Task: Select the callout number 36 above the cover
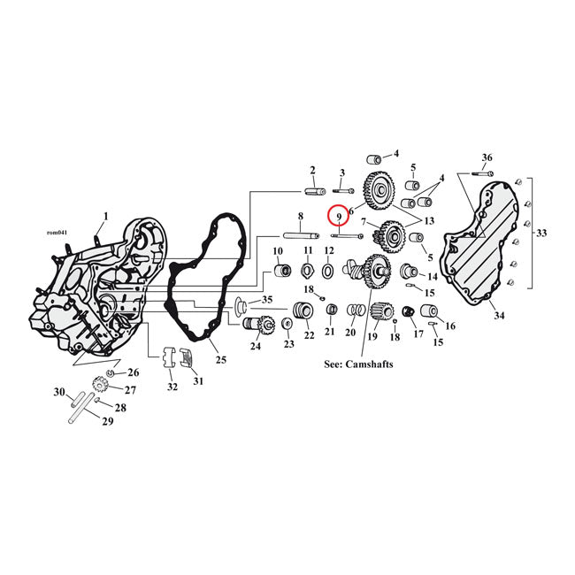pos(487,157)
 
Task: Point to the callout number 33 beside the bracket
pos(540,234)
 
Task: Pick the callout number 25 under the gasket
pos(221,359)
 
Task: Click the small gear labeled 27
pos(100,387)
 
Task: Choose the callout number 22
pos(309,335)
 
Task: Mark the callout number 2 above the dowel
pos(312,170)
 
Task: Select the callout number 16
pos(450,326)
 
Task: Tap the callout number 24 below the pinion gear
pos(256,346)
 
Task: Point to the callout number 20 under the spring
pos(350,333)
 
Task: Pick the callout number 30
pos(59,391)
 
